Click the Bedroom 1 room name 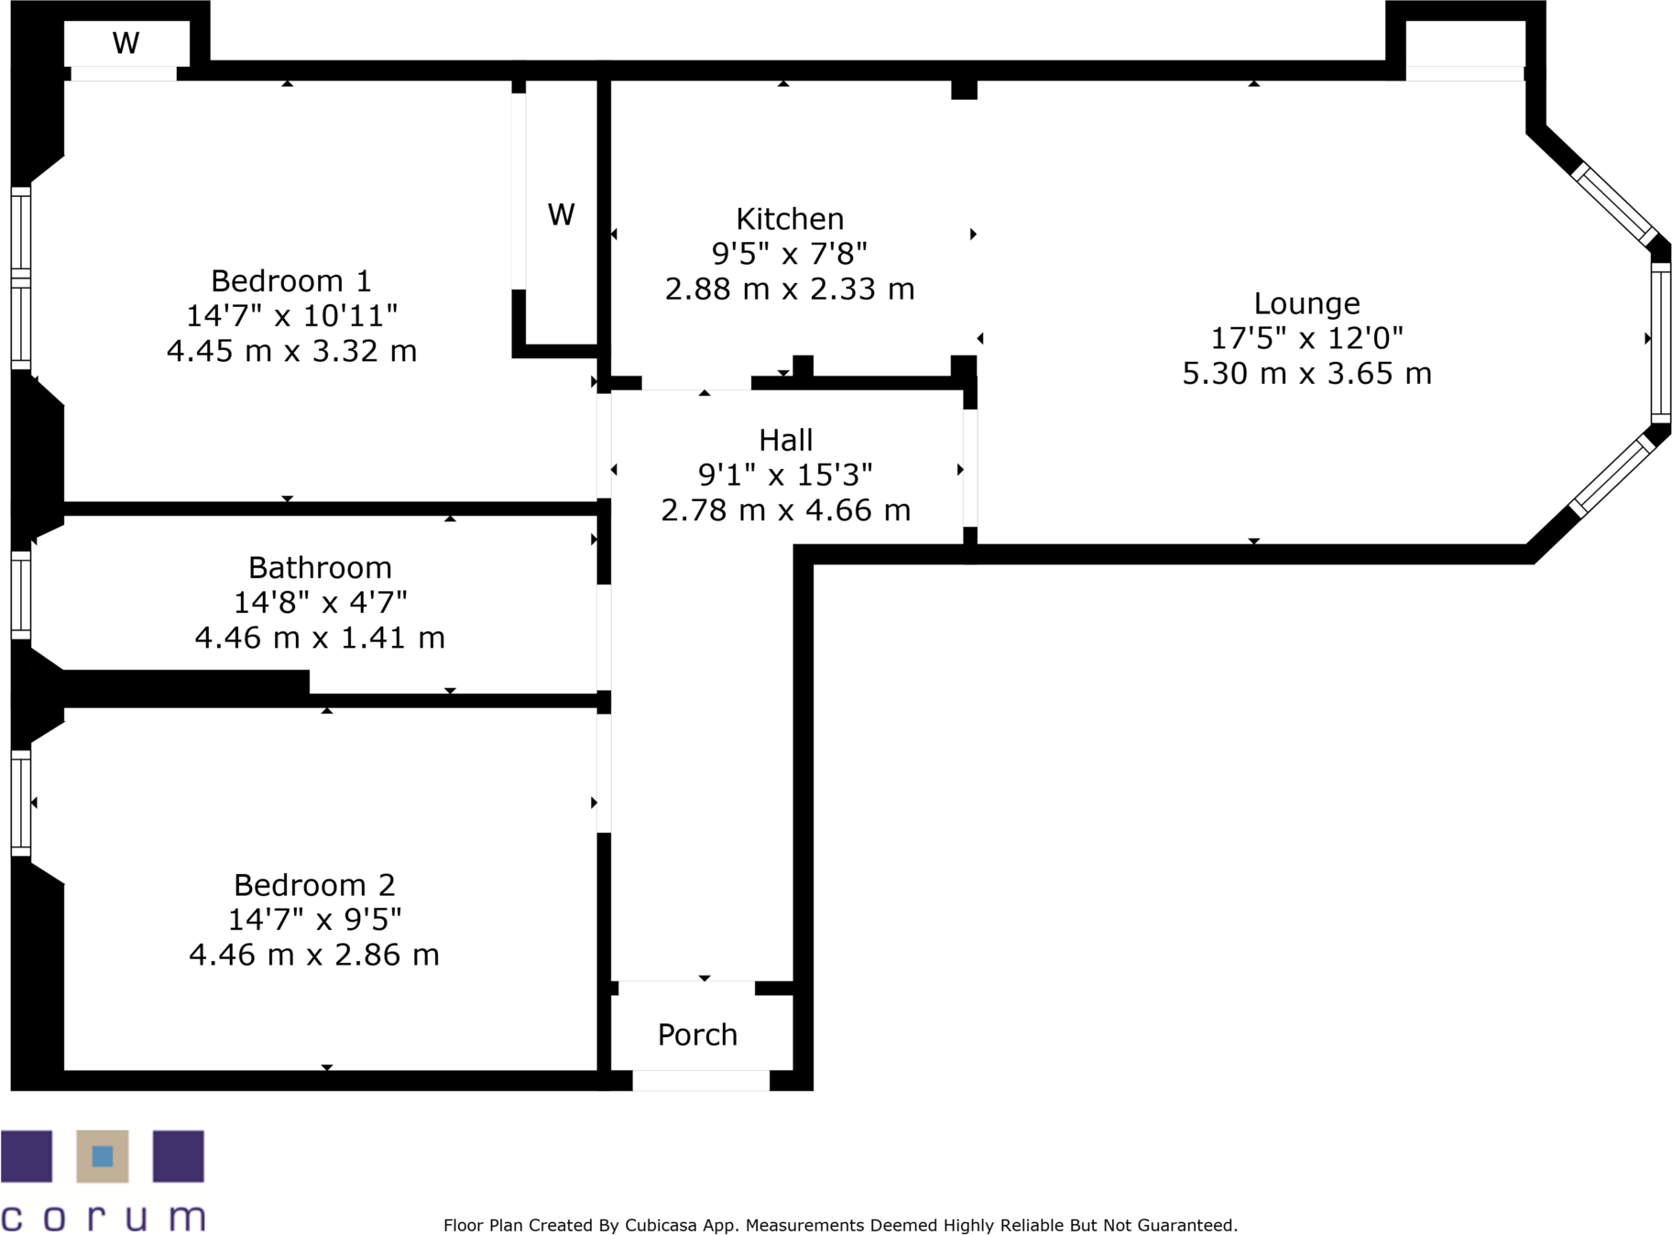click(290, 280)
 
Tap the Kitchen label click(790, 219)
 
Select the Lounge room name click(1306, 303)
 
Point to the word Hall click(785, 441)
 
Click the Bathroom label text click(320, 568)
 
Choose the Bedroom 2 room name click(314, 885)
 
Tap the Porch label click(697, 1035)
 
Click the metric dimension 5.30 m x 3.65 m click(1306, 374)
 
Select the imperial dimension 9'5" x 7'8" click(790, 254)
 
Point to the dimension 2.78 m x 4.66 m click(785, 510)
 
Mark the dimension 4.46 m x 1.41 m click(320, 638)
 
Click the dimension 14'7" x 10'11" click(291, 316)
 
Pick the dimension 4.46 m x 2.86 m click(314, 956)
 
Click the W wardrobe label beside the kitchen click(561, 215)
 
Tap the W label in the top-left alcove click(126, 43)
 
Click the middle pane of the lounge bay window click(1660, 341)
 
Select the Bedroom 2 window click(21, 803)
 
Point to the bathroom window click(21, 595)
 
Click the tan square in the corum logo click(103, 1156)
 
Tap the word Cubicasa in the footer click(660, 1226)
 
